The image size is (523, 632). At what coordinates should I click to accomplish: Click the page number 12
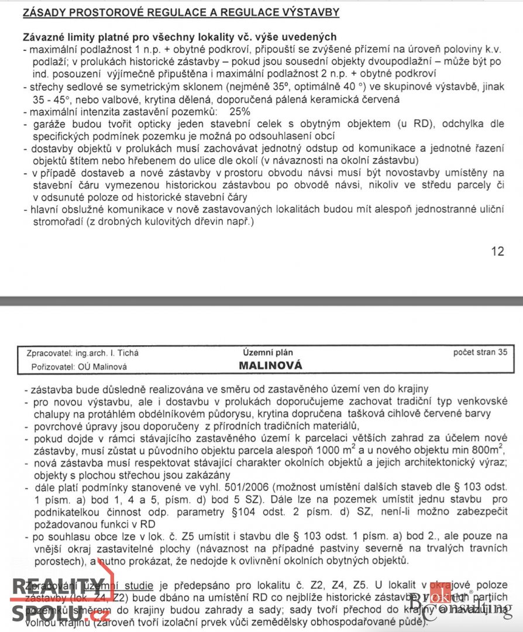[497, 251]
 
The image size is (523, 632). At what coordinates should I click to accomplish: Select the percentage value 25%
[239, 111]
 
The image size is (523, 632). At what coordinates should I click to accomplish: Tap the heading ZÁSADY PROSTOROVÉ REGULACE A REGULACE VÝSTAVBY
[181, 12]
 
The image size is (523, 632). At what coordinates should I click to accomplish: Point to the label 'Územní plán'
[267, 352]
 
